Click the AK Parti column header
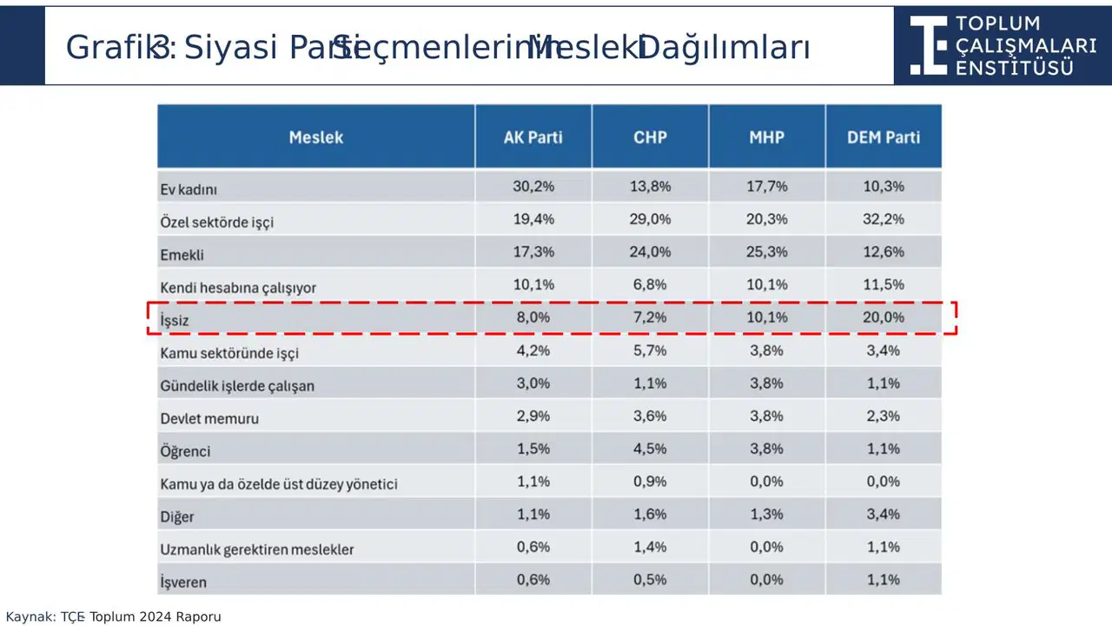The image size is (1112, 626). coord(533,137)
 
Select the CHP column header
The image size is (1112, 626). coord(650,137)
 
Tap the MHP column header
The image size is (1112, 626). coord(766,137)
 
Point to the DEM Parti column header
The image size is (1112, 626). coord(884,137)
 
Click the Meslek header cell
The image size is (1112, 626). coord(316,137)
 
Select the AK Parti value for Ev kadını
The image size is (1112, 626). coord(533,186)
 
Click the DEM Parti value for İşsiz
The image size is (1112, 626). coord(884,317)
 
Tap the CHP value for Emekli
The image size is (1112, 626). coord(650,252)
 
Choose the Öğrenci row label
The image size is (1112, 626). coord(185,451)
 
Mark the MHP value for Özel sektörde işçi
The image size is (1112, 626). coord(766,219)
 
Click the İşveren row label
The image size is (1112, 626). coord(183,582)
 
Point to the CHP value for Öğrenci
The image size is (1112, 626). coord(650,449)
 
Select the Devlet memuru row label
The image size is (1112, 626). coord(209,418)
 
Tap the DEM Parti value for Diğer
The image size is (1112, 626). coord(884,514)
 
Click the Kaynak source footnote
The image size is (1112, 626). coord(114,616)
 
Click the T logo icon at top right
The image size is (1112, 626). coord(928,44)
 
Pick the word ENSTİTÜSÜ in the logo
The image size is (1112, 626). coord(1014,68)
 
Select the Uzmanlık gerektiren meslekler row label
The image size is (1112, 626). coord(257,549)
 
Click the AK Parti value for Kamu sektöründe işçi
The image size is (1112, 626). coord(533,350)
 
